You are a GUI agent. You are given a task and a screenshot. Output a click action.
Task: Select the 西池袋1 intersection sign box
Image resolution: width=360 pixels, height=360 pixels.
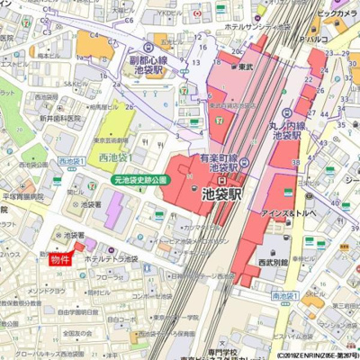[71, 161]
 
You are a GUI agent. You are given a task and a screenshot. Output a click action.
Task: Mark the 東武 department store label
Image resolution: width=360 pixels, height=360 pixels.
[245, 67]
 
